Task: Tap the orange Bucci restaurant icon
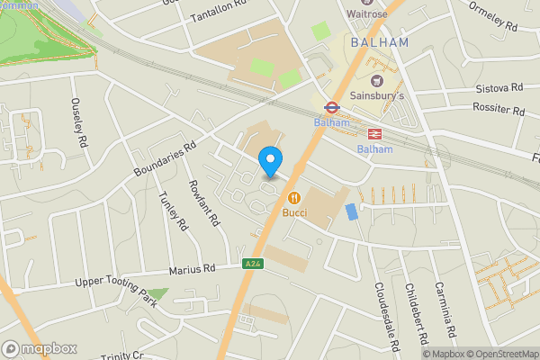293,198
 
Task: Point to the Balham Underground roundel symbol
331,106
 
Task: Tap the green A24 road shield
253,264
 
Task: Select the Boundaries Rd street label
164,159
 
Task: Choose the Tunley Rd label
172,211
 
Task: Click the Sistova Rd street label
499,88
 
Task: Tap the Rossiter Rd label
499,111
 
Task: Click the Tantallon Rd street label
220,13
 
